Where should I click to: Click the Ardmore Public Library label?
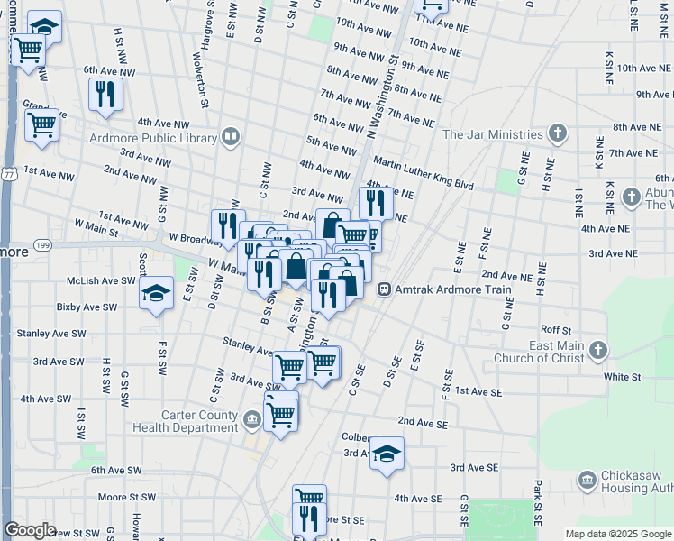pos(153,138)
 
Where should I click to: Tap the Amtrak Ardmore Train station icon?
pos(384,290)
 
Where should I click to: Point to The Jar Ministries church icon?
pos(558,134)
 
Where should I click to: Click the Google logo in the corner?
pos(30,530)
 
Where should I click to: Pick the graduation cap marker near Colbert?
pos(387,454)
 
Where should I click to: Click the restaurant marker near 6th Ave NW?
pos(105,94)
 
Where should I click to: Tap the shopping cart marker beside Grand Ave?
pos(41,125)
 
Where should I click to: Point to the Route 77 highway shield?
pos(7,173)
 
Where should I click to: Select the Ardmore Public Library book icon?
pos(231,137)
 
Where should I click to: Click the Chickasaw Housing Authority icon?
pos(588,479)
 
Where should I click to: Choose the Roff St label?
pos(555,330)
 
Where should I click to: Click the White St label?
pos(622,376)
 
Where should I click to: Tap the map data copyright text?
pos(618,534)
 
